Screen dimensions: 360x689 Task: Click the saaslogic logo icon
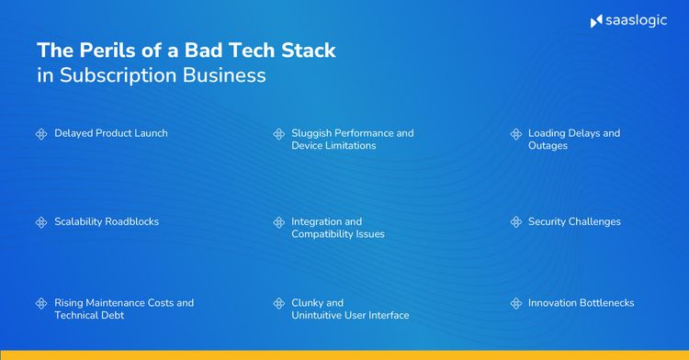coord(595,21)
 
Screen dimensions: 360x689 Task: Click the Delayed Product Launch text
coord(110,133)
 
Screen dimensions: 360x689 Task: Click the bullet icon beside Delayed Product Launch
coord(41,134)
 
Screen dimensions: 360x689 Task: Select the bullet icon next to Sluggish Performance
coord(278,134)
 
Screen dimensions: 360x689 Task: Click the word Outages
coord(548,146)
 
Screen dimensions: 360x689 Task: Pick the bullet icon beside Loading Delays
coord(515,134)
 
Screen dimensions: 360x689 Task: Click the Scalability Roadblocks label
coord(107,221)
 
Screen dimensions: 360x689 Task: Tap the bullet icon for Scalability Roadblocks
coord(41,222)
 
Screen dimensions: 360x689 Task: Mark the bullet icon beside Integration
coord(278,222)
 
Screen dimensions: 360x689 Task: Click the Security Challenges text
coord(574,221)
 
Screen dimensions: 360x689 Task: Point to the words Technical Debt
coord(89,315)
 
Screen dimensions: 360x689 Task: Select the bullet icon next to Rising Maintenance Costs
coord(41,303)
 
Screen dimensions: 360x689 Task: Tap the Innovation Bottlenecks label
coord(581,302)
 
